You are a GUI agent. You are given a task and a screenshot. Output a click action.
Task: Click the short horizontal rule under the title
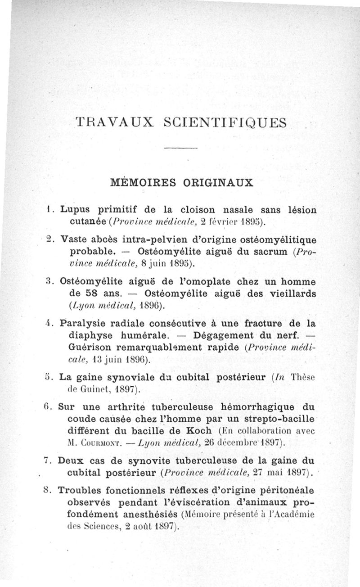(179, 148)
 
